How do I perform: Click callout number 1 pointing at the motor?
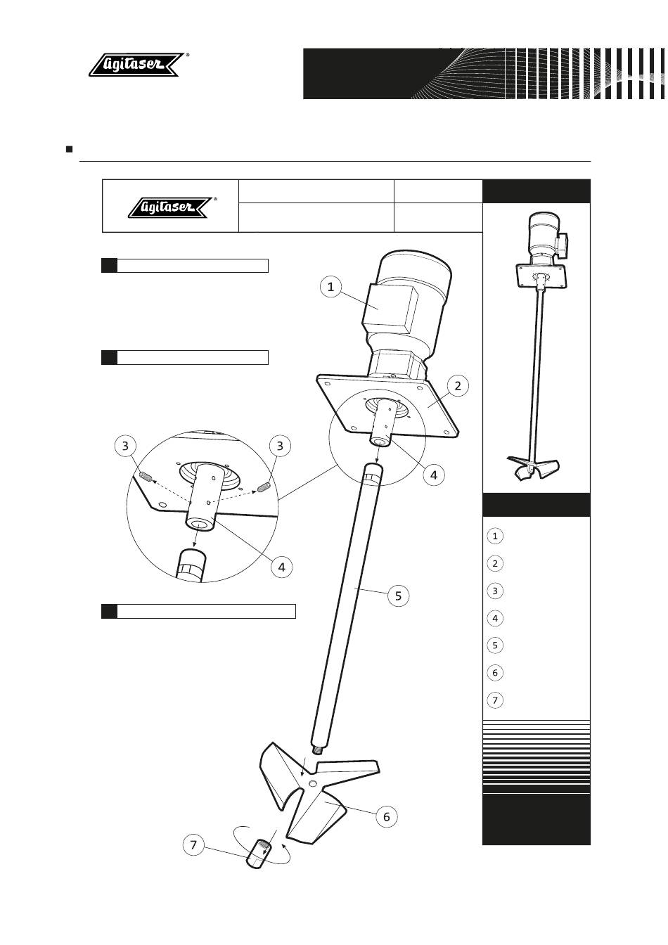point(330,287)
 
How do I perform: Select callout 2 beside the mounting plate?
point(458,385)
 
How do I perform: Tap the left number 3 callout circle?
point(125,446)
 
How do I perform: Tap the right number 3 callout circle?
point(280,446)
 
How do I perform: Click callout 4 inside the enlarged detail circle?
point(281,567)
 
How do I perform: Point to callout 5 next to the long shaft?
point(398,596)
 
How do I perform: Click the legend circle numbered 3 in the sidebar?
point(495,591)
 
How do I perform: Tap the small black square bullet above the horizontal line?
point(70,149)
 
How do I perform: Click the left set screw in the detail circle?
point(146,477)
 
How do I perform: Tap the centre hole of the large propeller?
point(313,783)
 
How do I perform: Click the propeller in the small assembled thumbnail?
point(533,468)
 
